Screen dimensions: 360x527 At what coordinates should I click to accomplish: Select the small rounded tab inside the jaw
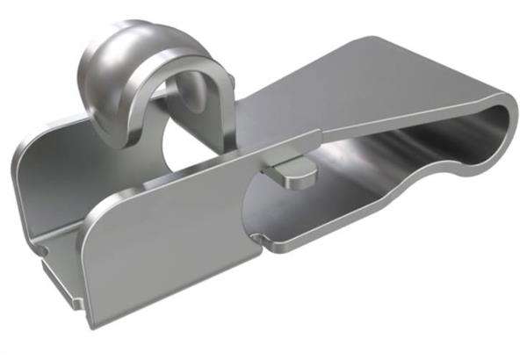pos(289,170)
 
